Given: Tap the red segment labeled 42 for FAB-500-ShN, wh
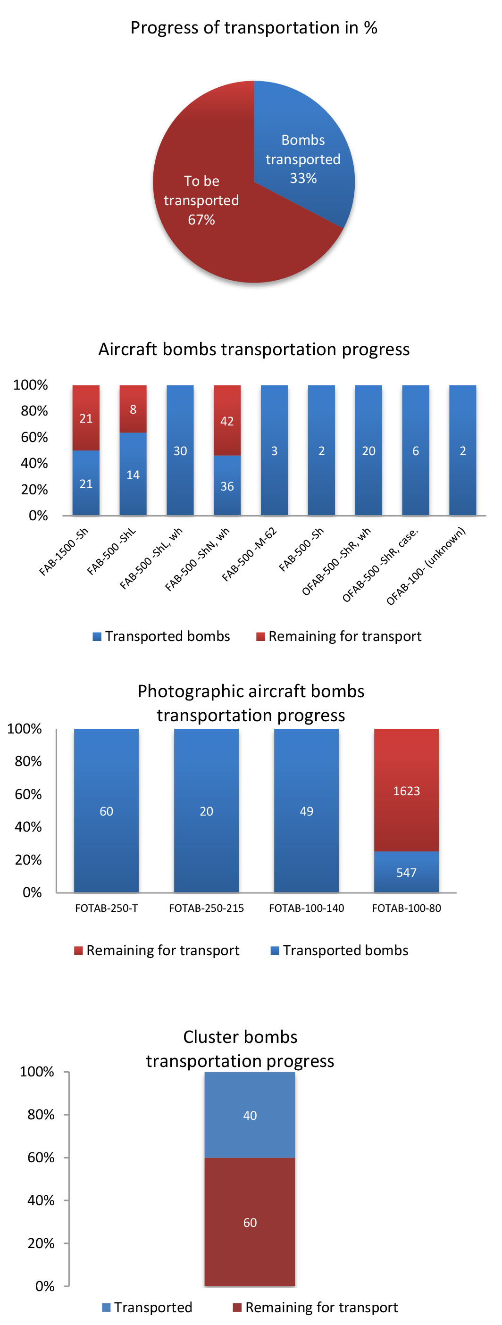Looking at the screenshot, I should [x=227, y=420].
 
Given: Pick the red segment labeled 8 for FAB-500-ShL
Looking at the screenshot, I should [x=133, y=409].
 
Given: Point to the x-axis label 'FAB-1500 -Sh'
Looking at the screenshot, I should [x=64, y=551].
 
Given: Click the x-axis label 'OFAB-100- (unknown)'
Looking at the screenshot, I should [x=426, y=566].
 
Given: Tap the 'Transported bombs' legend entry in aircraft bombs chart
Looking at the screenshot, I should [x=161, y=636].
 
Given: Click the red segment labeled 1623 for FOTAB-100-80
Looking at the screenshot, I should [x=406, y=791].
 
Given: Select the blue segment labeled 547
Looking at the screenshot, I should [x=406, y=872].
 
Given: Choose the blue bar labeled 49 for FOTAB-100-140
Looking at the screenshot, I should [x=306, y=811].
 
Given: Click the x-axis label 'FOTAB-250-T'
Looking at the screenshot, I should [x=107, y=908].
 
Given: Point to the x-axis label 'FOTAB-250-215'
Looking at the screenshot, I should [x=206, y=908].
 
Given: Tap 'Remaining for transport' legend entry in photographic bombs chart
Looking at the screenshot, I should [x=157, y=950].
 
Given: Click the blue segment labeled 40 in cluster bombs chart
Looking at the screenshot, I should [x=250, y=1115].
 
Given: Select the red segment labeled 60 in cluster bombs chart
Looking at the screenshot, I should [x=250, y=1222].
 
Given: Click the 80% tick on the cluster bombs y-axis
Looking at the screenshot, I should [x=41, y=1115].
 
